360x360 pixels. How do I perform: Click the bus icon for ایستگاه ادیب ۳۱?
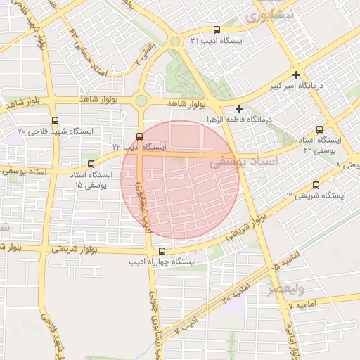coord(216,30)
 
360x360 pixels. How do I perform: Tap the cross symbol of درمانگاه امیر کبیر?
coord(297,75)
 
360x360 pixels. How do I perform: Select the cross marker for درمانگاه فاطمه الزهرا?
coord(240,108)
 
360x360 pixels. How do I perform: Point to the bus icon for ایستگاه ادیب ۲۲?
coord(139,136)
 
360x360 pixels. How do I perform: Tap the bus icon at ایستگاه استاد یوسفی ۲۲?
coord(319,129)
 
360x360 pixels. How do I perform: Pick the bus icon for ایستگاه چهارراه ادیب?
coord(162,251)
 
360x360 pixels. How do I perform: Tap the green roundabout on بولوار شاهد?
coord(141,101)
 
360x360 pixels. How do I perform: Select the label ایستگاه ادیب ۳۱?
coord(217,41)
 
